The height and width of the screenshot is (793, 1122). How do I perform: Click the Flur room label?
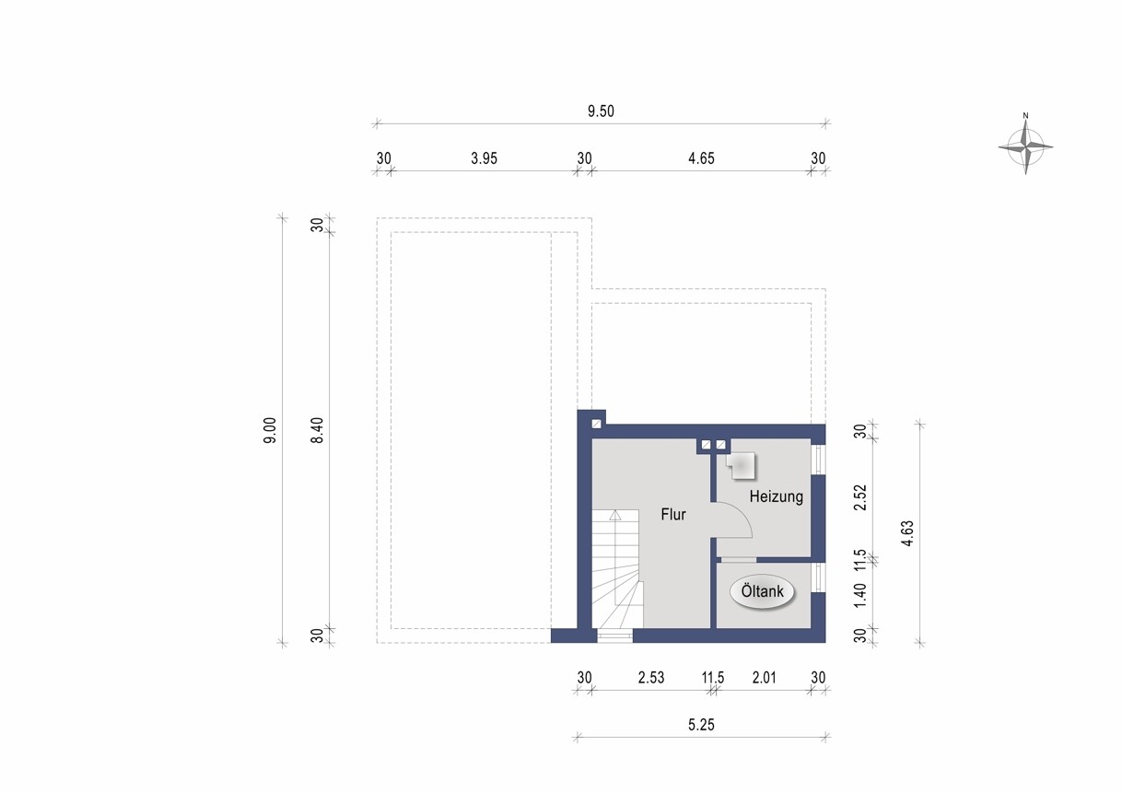coord(672,515)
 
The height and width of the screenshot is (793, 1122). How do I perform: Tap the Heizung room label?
coord(776,496)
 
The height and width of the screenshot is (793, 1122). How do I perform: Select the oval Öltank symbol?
coord(762,591)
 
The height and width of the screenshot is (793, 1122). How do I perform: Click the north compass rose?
coord(1025,146)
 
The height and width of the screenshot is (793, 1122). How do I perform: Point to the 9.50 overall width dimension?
coord(601,111)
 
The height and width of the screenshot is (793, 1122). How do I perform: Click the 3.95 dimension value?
coord(484,158)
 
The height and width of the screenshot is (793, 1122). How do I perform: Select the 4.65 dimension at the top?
coord(701,158)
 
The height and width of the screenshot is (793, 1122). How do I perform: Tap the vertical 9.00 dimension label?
coord(270,431)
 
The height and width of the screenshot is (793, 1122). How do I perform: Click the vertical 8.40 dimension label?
coord(317,431)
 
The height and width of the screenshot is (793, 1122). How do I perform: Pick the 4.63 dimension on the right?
coord(907,533)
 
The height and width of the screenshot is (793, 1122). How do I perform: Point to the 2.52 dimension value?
coord(860,497)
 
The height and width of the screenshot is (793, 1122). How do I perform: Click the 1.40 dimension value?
coord(860,595)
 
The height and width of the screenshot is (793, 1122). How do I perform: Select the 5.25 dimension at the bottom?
coord(701,725)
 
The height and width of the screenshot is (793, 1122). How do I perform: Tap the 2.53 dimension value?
coord(650,678)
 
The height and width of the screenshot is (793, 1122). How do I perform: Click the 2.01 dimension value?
coord(764,678)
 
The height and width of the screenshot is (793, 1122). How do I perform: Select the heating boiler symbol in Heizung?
coord(741,466)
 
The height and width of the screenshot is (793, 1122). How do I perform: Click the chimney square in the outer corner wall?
coord(596,424)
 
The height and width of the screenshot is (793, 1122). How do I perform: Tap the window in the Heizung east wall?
coord(818,460)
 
